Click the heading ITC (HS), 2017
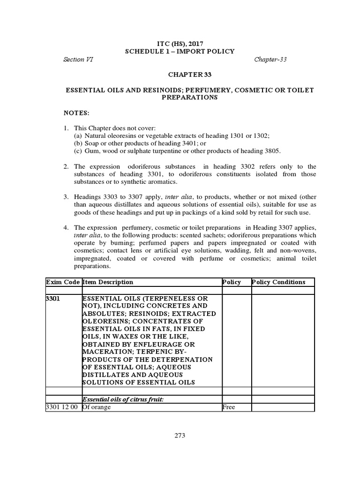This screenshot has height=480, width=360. (180, 44)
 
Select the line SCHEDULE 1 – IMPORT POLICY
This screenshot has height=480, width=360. (180, 51)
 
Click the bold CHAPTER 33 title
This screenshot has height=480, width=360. (180, 74)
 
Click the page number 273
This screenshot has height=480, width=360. (180, 435)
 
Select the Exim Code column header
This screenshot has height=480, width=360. (63, 282)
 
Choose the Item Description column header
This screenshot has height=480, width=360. (108, 282)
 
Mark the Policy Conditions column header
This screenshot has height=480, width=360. (278, 282)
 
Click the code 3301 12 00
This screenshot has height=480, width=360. (63, 407)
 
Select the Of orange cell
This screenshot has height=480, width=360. (97, 407)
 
